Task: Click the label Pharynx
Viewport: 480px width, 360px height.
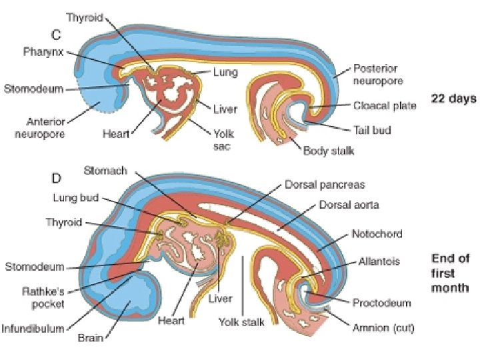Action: pos(43,51)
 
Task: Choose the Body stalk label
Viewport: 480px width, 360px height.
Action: pos(328,151)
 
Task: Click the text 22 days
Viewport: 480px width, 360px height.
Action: pos(453,98)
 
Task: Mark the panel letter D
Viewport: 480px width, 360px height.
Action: pos(57,178)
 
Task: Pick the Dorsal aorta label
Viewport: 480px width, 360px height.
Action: pos(349,205)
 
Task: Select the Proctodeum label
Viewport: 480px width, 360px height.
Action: pos(383,303)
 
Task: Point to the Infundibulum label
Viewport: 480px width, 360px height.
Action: pos(33,328)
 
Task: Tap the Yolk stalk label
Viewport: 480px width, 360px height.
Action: pos(241,322)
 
